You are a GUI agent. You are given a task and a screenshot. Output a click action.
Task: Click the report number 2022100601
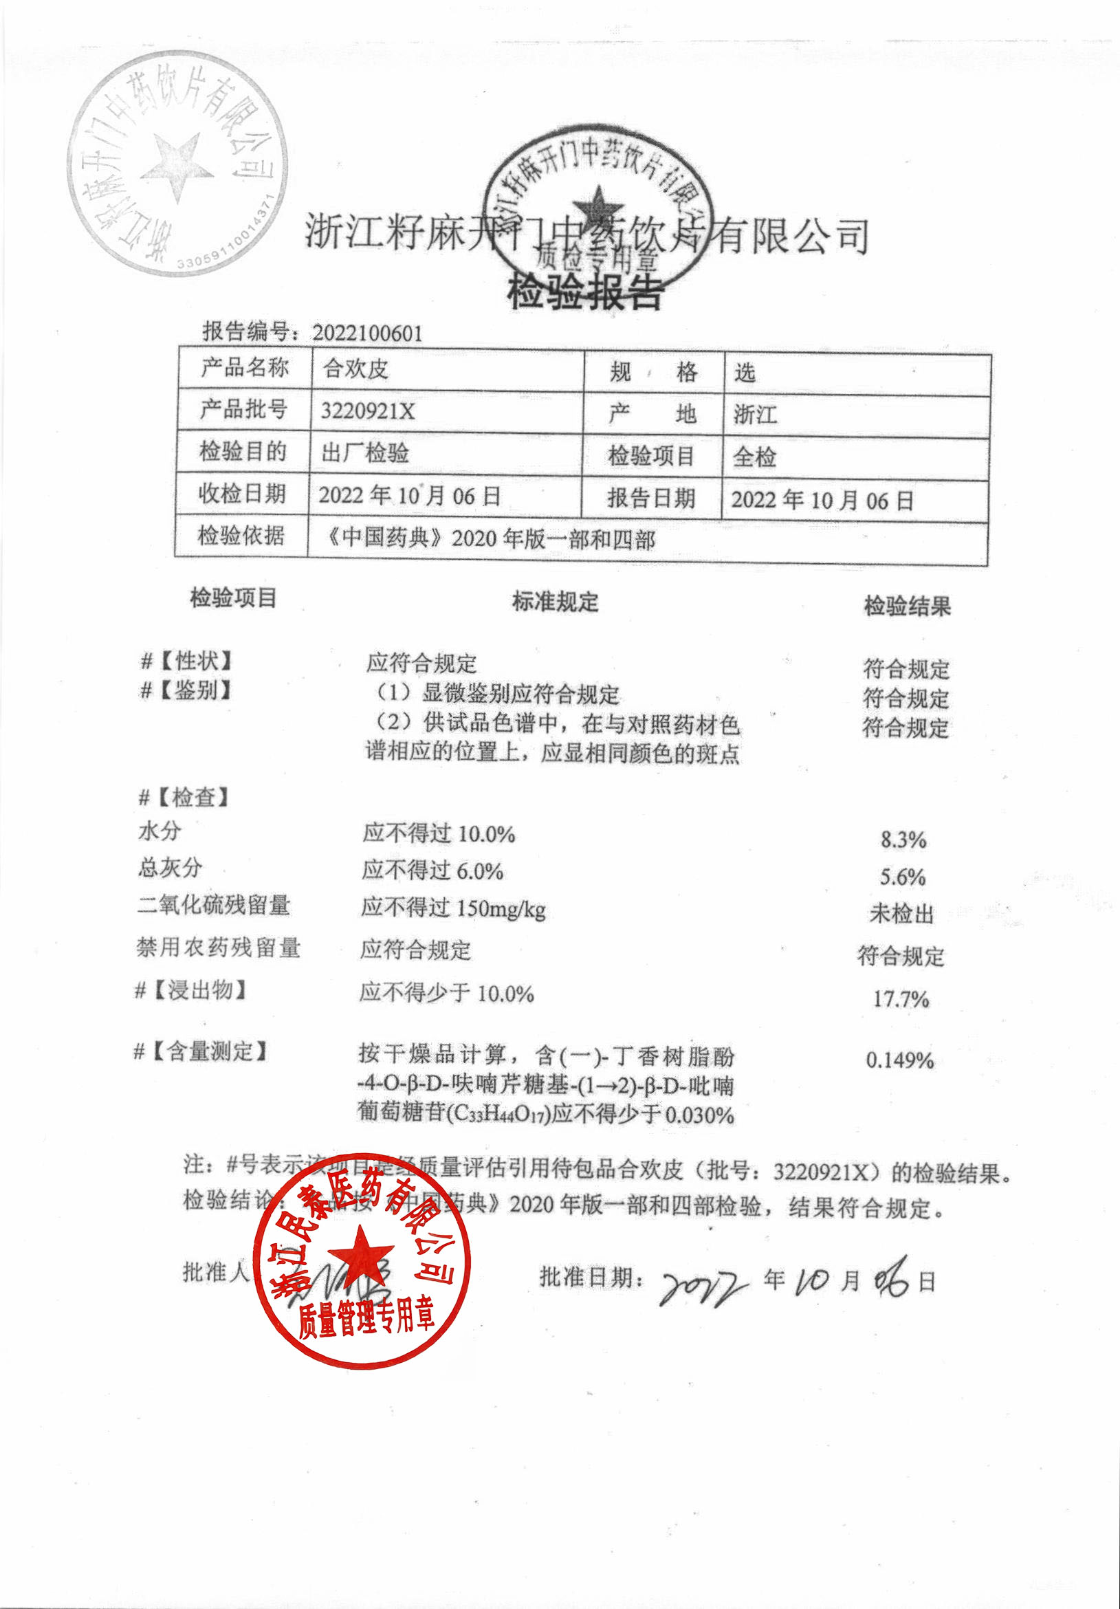coord(367,333)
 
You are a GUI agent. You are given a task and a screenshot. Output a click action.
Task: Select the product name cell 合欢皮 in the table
coord(355,369)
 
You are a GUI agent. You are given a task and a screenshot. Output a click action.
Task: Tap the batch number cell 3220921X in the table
coord(367,411)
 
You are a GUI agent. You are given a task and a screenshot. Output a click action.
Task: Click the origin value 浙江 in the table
coord(755,414)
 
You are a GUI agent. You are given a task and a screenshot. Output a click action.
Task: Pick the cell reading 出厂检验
coord(364,453)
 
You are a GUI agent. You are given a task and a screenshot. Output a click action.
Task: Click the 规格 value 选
coord(745,373)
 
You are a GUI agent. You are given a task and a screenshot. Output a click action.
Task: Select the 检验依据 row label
coord(241,536)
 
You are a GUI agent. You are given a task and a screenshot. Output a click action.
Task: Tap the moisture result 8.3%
coord(903,840)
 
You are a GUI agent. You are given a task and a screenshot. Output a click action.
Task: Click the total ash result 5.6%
coord(903,877)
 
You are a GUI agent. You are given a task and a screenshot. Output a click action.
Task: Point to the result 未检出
coord(901,914)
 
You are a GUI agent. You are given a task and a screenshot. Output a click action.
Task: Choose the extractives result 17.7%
coord(901,998)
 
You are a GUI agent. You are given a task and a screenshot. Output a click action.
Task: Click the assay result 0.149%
coord(900,1060)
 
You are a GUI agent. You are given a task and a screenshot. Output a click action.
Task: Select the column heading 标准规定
coord(555,602)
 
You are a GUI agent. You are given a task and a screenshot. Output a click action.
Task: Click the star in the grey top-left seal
coord(176,166)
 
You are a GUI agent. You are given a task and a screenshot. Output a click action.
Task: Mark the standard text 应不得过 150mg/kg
coord(454,908)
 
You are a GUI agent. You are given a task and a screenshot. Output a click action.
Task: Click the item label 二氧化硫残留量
coord(214,905)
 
